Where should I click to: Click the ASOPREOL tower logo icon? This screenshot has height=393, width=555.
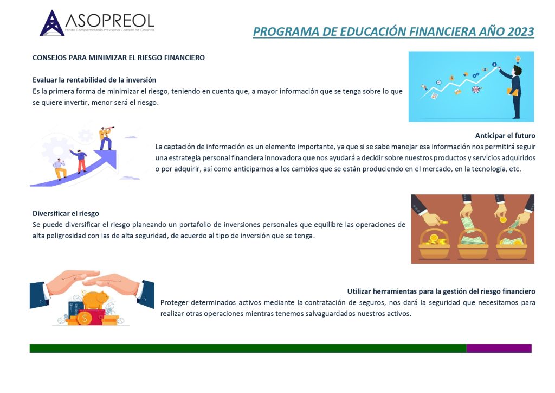52,23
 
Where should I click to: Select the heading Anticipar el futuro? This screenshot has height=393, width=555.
505,135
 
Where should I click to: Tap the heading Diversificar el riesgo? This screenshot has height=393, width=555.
66,213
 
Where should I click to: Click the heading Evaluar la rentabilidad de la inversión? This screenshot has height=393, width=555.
94,80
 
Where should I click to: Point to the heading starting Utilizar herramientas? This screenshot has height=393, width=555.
441,291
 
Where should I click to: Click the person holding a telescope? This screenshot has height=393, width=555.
106,137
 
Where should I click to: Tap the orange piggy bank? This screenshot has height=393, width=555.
94,300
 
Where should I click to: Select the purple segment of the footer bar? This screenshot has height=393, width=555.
499,348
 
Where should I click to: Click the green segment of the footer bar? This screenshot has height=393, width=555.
248,348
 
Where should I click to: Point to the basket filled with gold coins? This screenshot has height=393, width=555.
434,243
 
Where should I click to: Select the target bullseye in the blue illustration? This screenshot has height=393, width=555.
477,90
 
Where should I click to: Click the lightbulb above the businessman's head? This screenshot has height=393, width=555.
518,59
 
